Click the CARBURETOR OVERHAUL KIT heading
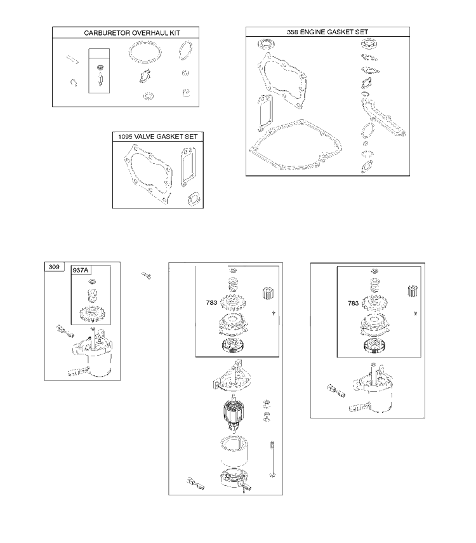132,33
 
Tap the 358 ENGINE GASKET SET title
327,32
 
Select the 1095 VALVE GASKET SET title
158,137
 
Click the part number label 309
54,267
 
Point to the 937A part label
81,270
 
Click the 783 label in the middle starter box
211,303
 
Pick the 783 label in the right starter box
353,304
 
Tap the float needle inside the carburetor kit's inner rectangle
100,79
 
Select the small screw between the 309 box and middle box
147,276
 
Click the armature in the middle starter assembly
234,414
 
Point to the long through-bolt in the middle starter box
272,459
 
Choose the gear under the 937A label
90,314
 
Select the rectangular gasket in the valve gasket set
188,167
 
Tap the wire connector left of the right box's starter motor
336,391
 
